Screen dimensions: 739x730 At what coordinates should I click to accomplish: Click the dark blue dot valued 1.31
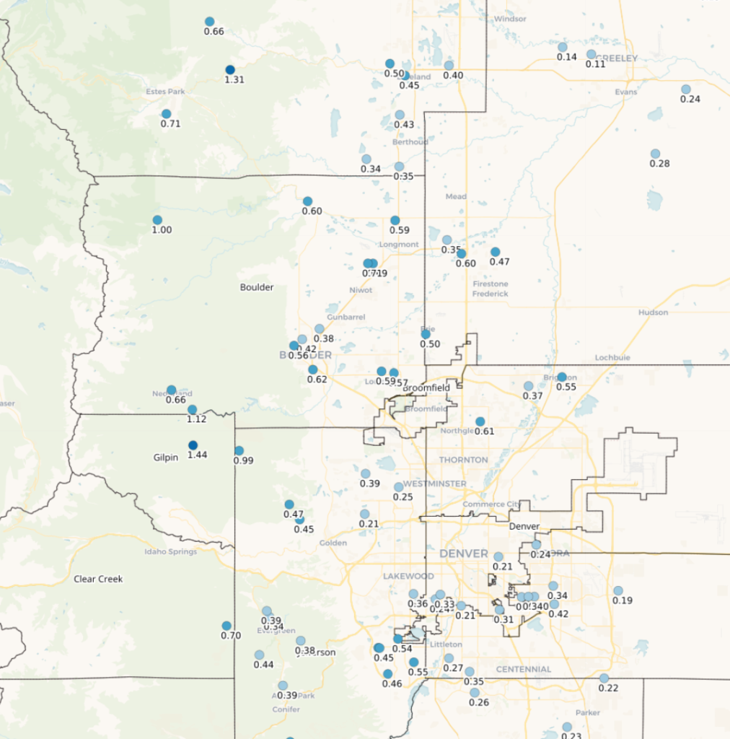tap(230, 69)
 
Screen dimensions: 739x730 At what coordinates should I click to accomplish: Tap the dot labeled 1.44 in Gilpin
tap(193, 445)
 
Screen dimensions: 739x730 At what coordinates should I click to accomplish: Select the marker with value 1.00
tap(157, 220)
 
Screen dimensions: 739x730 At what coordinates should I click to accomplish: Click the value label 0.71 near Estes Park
tap(171, 124)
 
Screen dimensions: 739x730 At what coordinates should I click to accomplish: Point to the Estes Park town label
tap(165, 92)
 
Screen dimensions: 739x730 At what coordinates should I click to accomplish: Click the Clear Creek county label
tap(98, 579)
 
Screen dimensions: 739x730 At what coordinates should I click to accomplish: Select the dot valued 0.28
tap(655, 154)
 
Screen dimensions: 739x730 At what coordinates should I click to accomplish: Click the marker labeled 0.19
tap(618, 590)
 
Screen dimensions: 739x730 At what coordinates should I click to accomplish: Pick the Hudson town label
tap(653, 312)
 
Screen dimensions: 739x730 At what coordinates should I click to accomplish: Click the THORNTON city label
tap(463, 460)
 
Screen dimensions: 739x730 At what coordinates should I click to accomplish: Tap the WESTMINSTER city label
tap(435, 484)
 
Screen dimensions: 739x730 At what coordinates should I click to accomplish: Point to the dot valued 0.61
tap(480, 421)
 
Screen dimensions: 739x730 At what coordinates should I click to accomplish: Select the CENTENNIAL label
tap(524, 669)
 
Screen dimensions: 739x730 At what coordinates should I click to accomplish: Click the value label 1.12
tap(197, 419)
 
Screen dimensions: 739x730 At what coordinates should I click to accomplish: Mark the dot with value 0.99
tap(239, 450)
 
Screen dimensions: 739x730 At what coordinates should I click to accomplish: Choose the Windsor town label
tap(510, 19)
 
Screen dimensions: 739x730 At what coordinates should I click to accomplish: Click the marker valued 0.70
tap(227, 626)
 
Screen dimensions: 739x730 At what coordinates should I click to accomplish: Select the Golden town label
tap(333, 543)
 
